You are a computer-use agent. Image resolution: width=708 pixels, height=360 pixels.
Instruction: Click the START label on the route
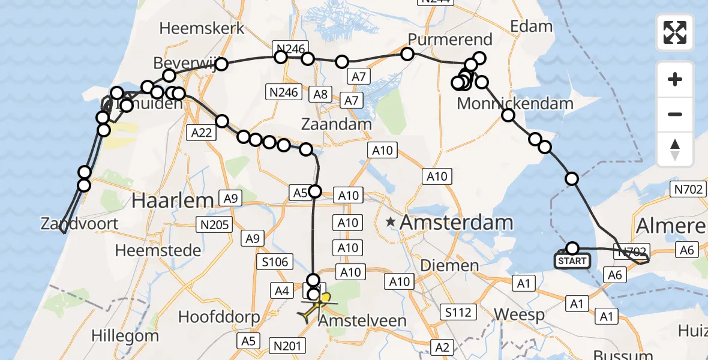point(572,261)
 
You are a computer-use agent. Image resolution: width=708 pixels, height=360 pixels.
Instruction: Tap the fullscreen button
point(675,32)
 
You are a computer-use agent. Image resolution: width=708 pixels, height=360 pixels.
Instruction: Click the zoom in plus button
point(675,79)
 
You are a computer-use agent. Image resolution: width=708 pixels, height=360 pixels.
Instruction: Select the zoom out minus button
point(675,114)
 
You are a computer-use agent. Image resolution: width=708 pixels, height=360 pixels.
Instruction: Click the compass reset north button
point(675,149)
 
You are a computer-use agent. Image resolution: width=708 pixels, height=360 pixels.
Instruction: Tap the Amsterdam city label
point(456,223)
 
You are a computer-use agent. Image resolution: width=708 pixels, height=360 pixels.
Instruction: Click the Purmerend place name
point(449,40)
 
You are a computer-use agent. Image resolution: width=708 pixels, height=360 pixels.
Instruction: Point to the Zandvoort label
point(79,224)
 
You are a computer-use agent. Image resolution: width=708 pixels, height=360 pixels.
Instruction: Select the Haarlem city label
point(173,200)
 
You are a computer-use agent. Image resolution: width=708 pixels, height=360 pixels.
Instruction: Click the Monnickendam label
point(515,103)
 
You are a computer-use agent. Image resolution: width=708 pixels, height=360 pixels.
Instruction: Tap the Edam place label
point(530,26)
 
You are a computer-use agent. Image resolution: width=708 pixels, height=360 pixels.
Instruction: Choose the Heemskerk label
point(202,28)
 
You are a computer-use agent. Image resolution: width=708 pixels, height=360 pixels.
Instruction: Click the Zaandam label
point(337,124)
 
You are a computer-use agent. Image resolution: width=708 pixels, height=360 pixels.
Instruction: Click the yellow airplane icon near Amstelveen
point(316,305)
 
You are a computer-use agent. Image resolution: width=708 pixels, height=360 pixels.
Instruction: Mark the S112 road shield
point(457,311)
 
